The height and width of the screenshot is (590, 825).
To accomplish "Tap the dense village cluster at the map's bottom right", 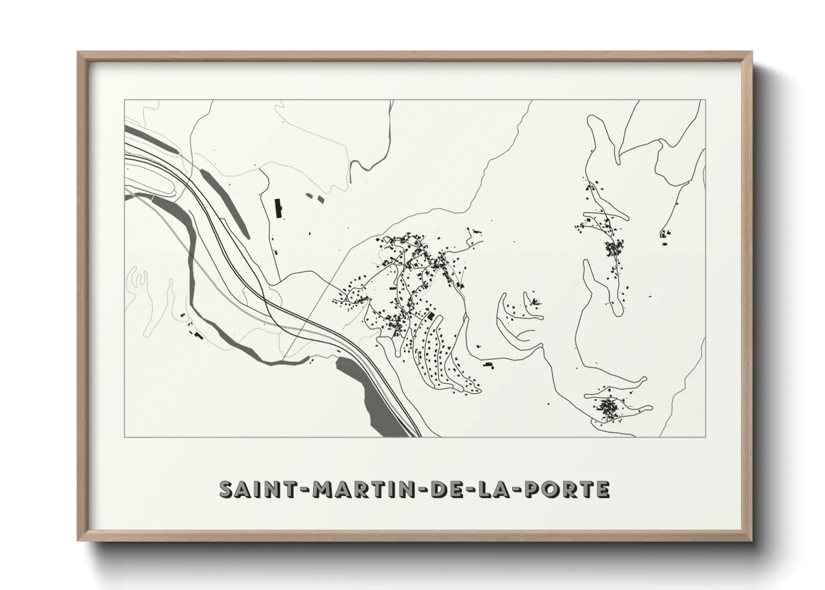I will click(x=608, y=408).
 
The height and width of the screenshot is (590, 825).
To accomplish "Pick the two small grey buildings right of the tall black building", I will click(x=314, y=196).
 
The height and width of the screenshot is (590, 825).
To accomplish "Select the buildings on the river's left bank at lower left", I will click(x=196, y=334).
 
